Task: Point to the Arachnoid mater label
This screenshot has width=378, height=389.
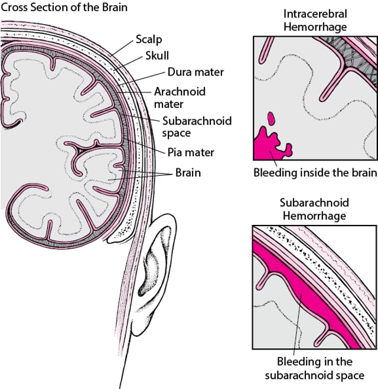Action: [x=172, y=97]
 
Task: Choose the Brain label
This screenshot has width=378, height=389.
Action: [x=187, y=174]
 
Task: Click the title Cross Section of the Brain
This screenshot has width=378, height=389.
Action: [x=63, y=8]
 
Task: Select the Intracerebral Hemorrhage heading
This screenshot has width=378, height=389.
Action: [x=315, y=19]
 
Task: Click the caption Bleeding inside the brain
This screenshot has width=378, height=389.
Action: [x=315, y=173]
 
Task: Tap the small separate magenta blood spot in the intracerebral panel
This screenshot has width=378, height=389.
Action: [x=272, y=117]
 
